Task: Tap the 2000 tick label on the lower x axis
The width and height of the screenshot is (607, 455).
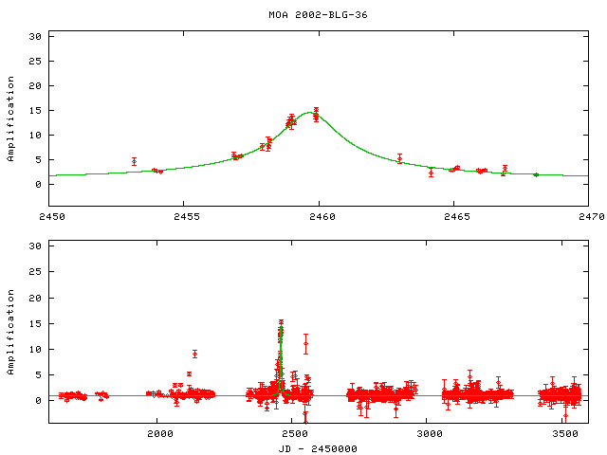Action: pyautogui.click(x=159, y=434)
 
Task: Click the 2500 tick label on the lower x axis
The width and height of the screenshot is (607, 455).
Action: pyautogui.click(x=295, y=434)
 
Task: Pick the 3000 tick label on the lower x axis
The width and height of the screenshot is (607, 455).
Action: pyautogui.click(x=430, y=434)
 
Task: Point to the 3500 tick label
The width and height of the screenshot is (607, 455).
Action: pyautogui.click(x=565, y=434)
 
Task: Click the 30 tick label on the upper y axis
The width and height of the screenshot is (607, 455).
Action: pyautogui.click(x=38, y=36)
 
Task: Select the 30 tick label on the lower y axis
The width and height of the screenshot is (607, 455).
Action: pyautogui.click(x=38, y=247)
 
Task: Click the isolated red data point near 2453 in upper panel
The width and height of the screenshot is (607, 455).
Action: pyautogui.click(x=134, y=161)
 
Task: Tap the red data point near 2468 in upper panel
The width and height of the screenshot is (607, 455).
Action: pyautogui.click(x=536, y=174)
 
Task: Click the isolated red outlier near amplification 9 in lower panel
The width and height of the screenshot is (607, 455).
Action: pyautogui.click(x=194, y=354)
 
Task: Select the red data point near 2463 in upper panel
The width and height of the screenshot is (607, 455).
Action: pyautogui.click(x=399, y=158)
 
